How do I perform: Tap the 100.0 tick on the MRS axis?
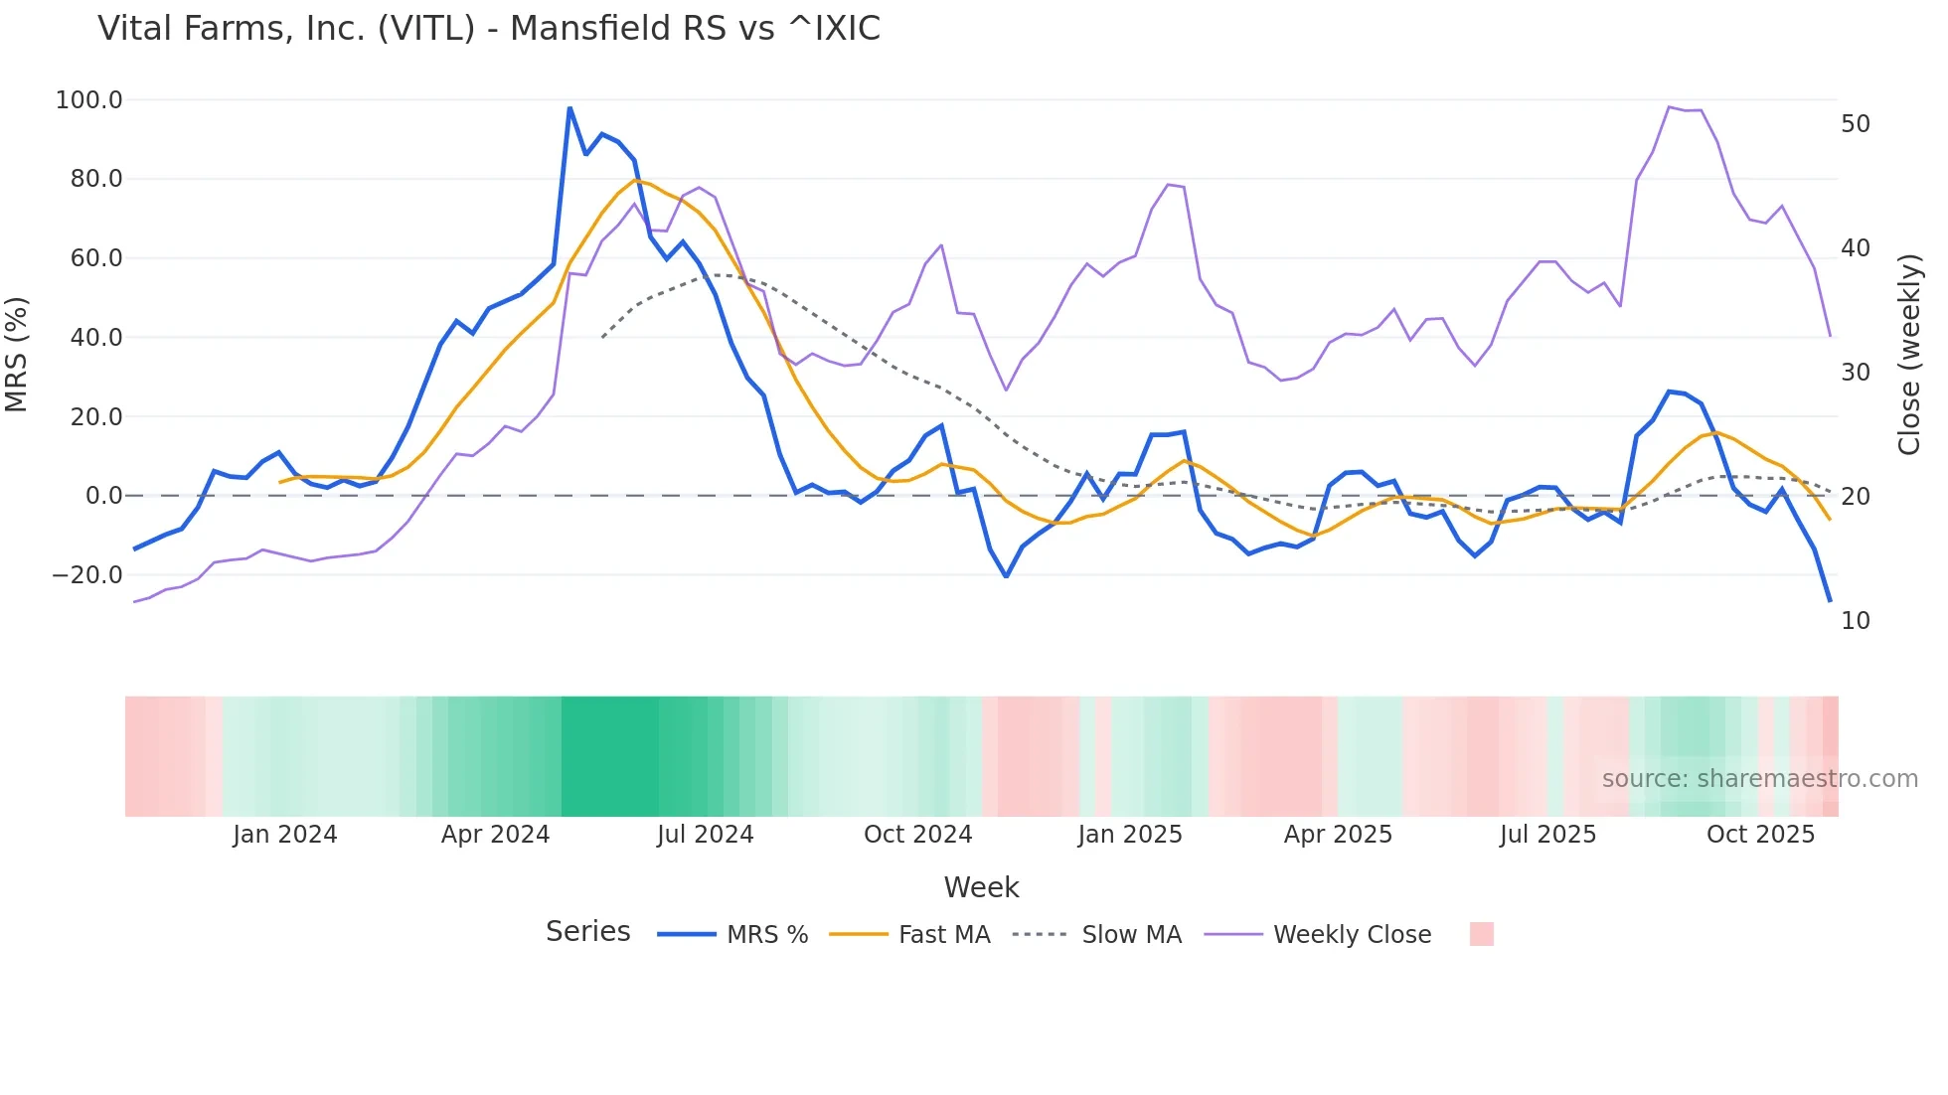click(x=89, y=100)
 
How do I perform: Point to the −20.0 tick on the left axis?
click(x=87, y=575)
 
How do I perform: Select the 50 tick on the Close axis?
click(x=1856, y=124)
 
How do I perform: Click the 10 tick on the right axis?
click(x=1856, y=621)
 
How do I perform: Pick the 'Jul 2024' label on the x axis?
click(x=705, y=835)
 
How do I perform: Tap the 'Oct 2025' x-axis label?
click(x=1760, y=835)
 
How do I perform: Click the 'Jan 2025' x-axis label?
click(x=1130, y=835)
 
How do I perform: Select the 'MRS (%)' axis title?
click(x=17, y=355)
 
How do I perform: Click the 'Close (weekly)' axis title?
click(x=1909, y=355)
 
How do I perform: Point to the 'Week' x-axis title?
click(x=981, y=887)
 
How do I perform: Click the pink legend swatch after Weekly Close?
click(x=1481, y=934)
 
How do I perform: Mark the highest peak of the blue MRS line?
click(x=569, y=107)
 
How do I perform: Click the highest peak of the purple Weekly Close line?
click(x=1670, y=107)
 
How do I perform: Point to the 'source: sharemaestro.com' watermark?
click(x=1759, y=779)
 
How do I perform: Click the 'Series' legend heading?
click(x=587, y=932)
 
